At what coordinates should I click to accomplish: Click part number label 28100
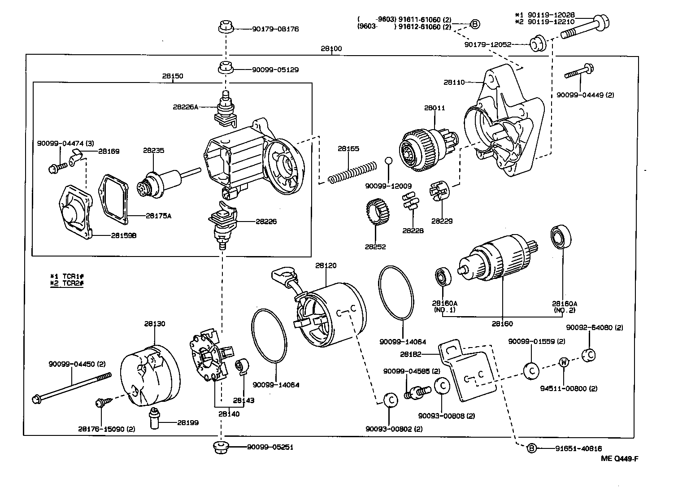pyautogui.click(x=331, y=48)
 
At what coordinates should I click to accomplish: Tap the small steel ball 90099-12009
pyautogui.click(x=389, y=161)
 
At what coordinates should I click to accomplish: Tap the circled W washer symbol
pyautogui.click(x=564, y=362)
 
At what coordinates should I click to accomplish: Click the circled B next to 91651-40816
pyautogui.click(x=531, y=448)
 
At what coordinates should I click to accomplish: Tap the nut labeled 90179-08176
pyautogui.click(x=226, y=27)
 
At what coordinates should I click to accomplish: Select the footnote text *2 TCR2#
pyautogui.click(x=67, y=283)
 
